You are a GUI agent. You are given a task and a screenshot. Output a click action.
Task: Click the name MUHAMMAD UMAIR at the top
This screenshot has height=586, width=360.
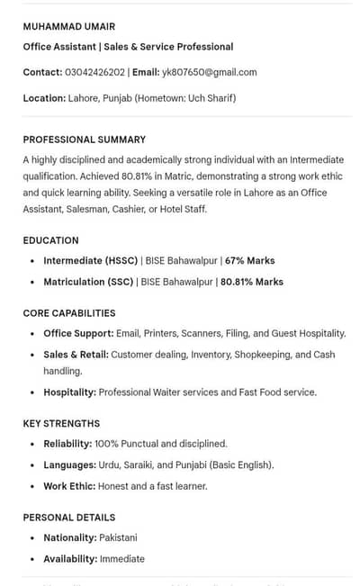69,27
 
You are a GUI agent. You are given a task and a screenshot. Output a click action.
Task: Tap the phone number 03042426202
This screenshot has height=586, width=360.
94,72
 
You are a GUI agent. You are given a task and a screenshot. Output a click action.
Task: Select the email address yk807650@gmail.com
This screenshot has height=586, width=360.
209,72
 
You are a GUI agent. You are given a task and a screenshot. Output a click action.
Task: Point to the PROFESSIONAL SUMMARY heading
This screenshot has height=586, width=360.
85,140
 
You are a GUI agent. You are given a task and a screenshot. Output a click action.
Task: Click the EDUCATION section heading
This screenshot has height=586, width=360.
51,240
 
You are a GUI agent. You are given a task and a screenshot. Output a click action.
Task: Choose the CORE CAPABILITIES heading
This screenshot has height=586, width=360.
69,313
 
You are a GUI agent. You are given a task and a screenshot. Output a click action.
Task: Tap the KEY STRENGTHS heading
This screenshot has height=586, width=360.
61,423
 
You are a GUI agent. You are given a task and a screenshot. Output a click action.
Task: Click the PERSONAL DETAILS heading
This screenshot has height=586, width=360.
69,518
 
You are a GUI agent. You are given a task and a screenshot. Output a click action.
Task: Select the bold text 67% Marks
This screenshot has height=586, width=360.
250,261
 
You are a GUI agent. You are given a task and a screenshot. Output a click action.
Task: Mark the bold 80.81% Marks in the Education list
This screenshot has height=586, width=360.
252,282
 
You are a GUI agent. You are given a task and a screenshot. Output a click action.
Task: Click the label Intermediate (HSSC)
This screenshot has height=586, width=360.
91,261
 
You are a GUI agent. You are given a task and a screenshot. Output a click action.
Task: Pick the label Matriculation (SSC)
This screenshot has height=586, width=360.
88,282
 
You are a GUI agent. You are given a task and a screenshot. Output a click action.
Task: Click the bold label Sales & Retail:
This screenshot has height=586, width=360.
76,355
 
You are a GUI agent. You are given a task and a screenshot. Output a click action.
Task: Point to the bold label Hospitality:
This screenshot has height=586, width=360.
69,392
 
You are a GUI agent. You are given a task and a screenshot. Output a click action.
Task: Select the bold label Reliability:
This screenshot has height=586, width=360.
67,444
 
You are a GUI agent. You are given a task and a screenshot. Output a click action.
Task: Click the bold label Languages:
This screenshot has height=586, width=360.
69,465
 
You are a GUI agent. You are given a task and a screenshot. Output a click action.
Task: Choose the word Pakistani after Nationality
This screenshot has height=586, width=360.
118,537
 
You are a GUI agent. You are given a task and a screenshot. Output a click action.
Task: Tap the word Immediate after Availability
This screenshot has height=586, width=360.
121,559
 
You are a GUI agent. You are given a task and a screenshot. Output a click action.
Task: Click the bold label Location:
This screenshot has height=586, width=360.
44,98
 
